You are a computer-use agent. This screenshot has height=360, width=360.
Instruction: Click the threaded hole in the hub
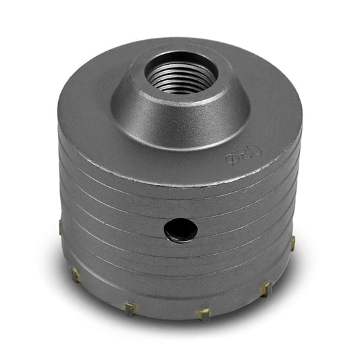181,73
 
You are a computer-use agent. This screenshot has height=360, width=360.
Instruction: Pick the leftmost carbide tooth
60,228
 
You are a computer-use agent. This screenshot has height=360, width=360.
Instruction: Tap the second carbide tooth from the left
75,275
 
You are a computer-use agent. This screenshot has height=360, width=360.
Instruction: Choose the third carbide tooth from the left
130,309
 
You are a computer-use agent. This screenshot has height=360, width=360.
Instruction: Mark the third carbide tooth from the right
203,315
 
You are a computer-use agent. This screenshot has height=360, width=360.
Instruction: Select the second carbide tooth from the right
266,289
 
